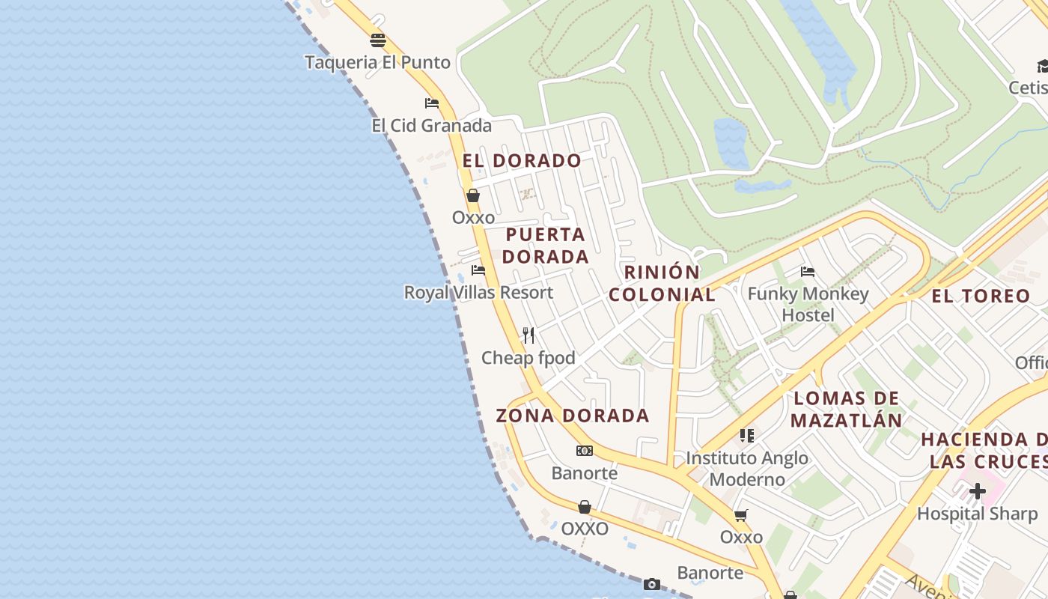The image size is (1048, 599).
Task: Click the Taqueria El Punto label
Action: pyautogui.click(x=377, y=62)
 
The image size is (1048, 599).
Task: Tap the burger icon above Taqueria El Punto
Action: pyautogui.click(x=378, y=40)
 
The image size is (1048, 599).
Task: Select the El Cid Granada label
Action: pyautogui.click(x=431, y=125)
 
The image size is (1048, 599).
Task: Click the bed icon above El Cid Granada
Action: pyautogui.click(x=431, y=103)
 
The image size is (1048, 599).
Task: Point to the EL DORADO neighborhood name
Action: pyautogui.click(x=522, y=160)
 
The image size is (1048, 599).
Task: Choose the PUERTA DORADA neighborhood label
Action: pyautogui.click(x=545, y=246)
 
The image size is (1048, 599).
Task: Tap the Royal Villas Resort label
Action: pyautogui.click(x=478, y=292)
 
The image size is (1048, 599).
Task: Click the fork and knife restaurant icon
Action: pyautogui.click(x=528, y=335)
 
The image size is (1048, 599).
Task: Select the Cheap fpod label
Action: pyautogui.click(x=528, y=358)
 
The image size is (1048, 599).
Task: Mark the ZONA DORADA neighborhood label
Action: pyautogui.click(x=573, y=415)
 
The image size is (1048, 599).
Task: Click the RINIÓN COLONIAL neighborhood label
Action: pyautogui.click(x=662, y=283)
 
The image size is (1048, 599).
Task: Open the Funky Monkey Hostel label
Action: pyautogui.click(x=808, y=304)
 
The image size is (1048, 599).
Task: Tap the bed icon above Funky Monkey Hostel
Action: pyautogui.click(x=807, y=272)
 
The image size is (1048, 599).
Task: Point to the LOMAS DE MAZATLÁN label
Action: pyautogui.click(x=847, y=409)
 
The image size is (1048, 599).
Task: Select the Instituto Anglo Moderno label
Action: pyautogui.click(x=747, y=468)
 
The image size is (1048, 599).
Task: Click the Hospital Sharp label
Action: pyautogui.click(x=977, y=514)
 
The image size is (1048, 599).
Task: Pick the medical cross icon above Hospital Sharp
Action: pyautogui.click(x=977, y=491)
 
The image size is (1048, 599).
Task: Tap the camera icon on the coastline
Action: pyautogui.click(x=651, y=584)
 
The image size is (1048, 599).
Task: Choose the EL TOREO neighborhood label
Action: pyautogui.click(x=981, y=296)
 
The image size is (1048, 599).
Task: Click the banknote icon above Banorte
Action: pyautogui.click(x=585, y=451)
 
